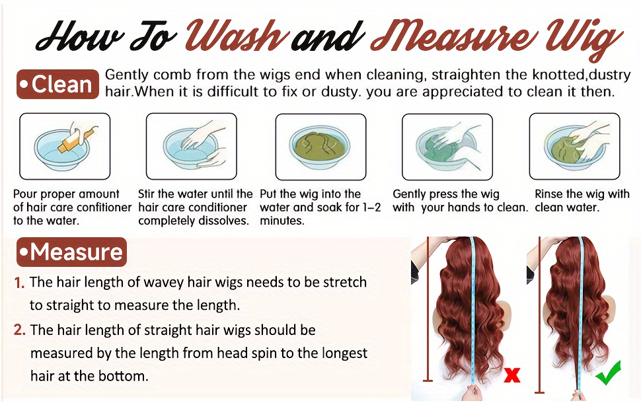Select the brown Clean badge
(57, 84)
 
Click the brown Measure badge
(71, 252)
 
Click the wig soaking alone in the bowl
(320, 146)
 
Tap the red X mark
(512, 375)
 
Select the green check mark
(609, 373)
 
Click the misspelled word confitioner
(104, 207)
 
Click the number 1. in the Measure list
(20, 283)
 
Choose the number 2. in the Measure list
(20, 330)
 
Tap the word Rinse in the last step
(548, 194)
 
